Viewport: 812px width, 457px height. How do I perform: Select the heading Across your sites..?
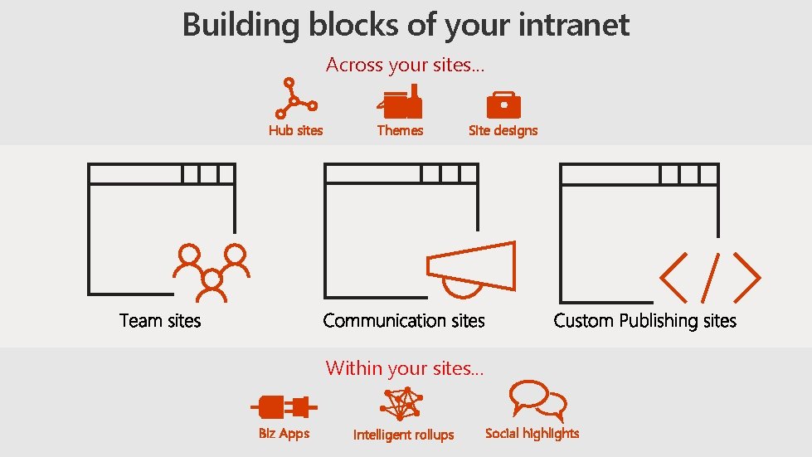point(405,65)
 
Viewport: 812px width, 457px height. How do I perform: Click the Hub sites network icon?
point(294,99)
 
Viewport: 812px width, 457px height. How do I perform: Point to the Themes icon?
point(401,103)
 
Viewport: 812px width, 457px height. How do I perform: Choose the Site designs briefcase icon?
point(503,105)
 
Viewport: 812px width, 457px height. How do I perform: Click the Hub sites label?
point(295,130)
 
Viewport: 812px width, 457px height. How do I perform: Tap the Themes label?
point(400,130)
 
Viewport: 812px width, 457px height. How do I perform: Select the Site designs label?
point(503,130)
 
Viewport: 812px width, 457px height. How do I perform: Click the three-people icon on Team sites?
point(212,270)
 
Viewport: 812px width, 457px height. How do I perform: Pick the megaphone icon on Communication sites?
point(471,267)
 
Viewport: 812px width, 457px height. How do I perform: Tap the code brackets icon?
point(710,277)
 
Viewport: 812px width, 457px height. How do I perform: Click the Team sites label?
point(160,320)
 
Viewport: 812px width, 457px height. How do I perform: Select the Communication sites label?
point(404,320)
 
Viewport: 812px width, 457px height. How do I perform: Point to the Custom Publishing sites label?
point(644,320)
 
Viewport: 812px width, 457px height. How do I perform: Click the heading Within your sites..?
point(404,368)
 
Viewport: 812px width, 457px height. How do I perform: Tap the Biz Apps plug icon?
point(284,407)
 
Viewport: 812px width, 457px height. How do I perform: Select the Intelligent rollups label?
point(403,435)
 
